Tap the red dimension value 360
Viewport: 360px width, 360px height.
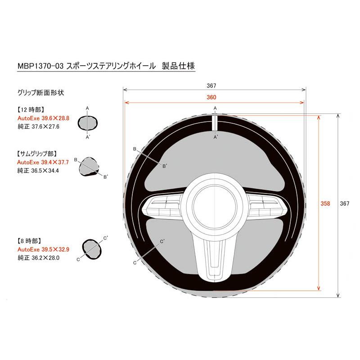click(x=211, y=97)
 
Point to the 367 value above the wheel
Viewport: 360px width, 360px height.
click(x=212, y=85)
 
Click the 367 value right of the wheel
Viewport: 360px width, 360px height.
click(x=345, y=203)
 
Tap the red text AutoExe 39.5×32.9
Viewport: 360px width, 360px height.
click(x=43, y=249)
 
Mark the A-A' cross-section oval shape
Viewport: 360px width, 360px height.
click(x=88, y=121)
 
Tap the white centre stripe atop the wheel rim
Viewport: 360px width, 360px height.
click(x=215, y=121)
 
